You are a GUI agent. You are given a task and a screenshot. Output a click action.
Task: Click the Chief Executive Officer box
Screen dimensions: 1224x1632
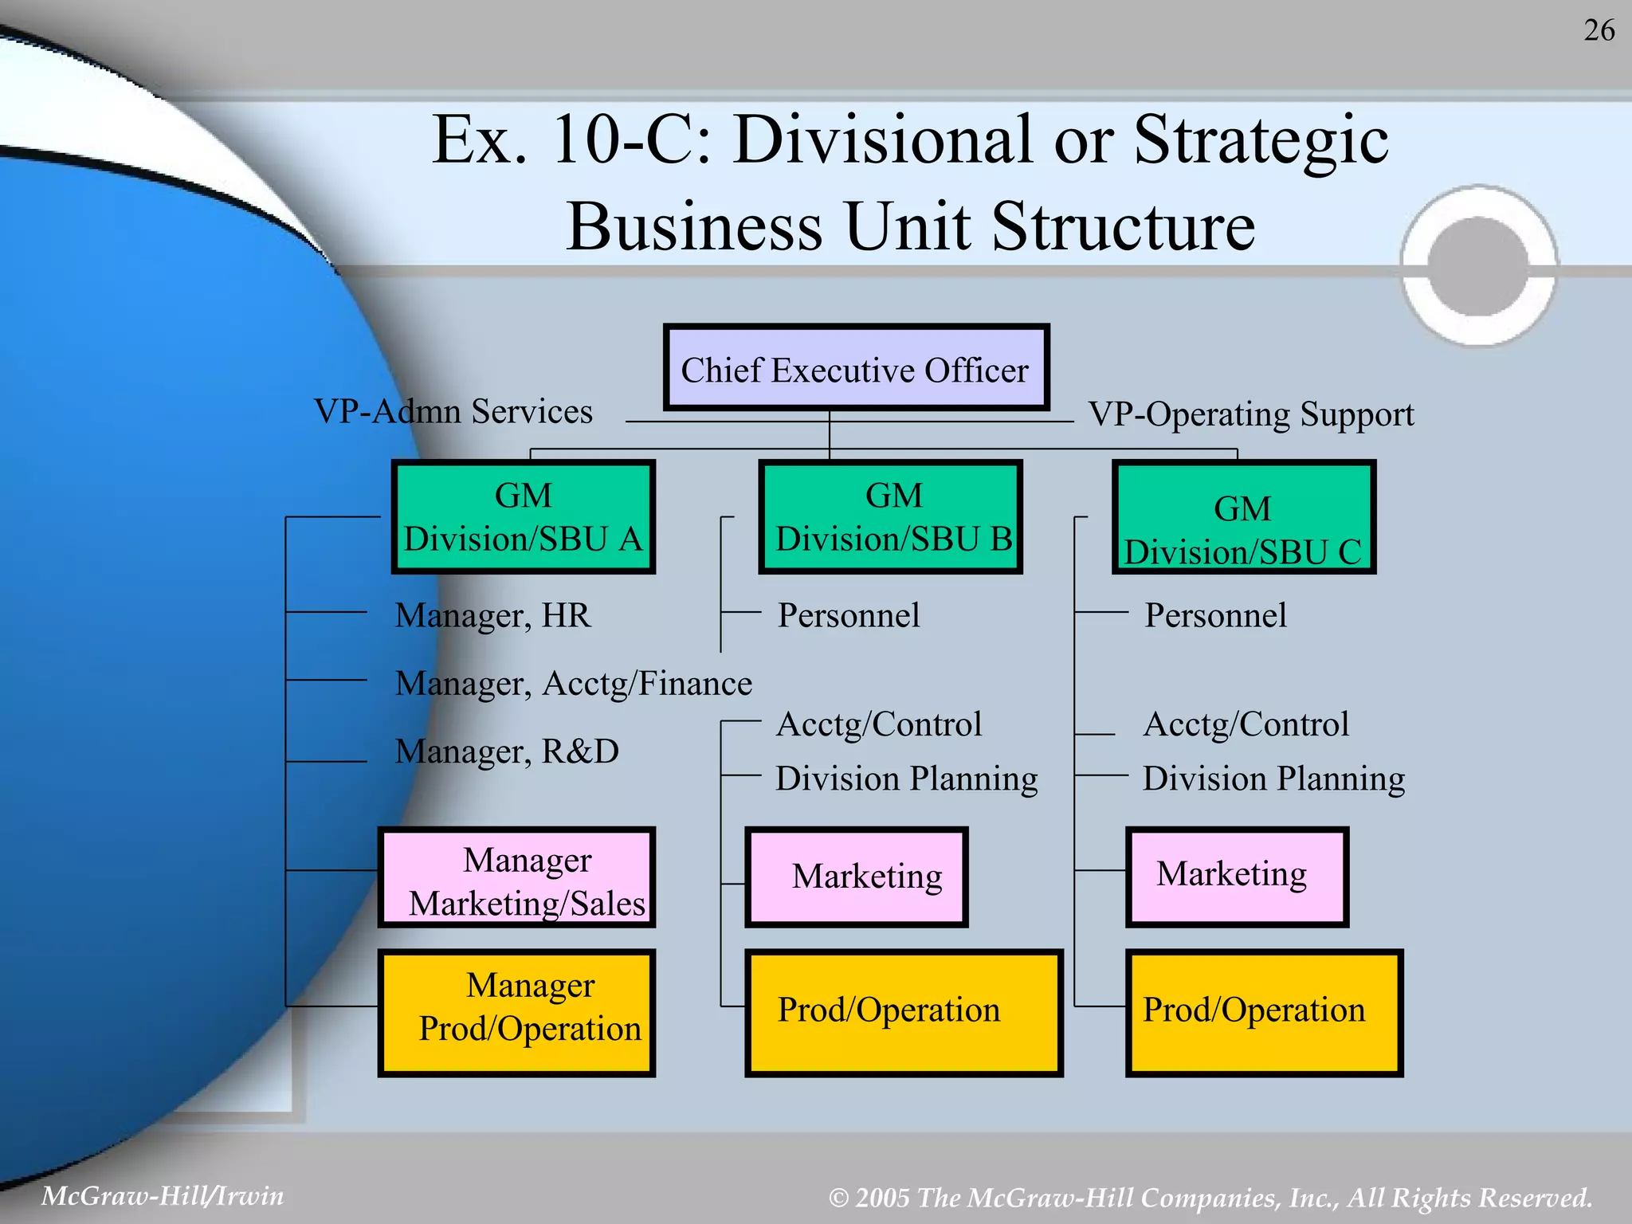[x=856, y=368]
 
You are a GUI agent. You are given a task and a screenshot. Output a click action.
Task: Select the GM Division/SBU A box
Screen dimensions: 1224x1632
[x=524, y=516]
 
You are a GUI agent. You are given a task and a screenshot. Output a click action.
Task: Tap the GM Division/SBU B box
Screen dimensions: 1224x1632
[x=890, y=516]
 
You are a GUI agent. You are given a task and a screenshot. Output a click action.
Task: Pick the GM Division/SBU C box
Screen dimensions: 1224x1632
[x=1244, y=518]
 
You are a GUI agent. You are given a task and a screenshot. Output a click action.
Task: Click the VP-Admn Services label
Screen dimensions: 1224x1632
[x=453, y=412]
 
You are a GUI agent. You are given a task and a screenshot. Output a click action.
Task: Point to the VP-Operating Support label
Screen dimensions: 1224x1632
[x=1251, y=414]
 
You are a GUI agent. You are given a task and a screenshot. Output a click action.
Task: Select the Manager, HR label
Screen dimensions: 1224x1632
[x=493, y=616]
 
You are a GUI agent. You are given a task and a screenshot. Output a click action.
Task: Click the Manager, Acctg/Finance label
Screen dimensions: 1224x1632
[x=573, y=684]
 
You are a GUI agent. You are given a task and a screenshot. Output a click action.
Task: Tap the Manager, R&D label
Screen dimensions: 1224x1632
[x=507, y=751]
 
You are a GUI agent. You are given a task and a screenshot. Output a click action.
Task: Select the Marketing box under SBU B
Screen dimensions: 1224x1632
[x=857, y=877]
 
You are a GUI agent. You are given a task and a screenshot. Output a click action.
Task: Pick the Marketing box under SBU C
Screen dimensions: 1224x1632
[x=1237, y=877]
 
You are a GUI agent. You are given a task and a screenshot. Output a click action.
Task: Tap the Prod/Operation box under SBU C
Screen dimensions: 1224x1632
[x=1264, y=1012]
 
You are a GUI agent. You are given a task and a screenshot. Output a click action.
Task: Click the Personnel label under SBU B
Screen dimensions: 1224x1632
[x=849, y=616]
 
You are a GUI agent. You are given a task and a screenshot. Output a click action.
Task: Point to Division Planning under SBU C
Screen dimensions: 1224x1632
[x=1273, y=779]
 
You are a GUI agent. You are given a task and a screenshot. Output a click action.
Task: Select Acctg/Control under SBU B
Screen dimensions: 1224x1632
[x=879, y=725]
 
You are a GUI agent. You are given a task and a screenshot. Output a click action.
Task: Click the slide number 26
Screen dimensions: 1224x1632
[x=1599, y=30]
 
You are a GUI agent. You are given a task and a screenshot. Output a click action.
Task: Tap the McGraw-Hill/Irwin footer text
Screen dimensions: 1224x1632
[x=163, y=1196]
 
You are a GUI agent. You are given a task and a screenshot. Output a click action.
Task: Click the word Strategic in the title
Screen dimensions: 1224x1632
[x=1261, y=140]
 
